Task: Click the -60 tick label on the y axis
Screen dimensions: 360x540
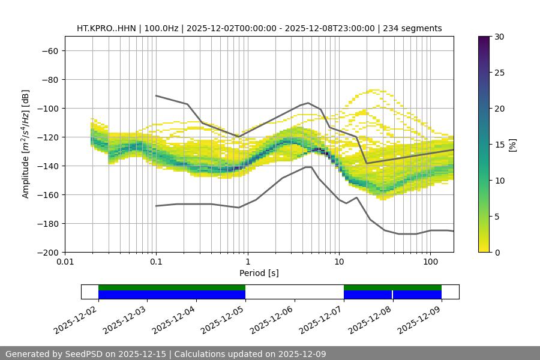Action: [49, 50]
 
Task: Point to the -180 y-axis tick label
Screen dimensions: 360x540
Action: [47, 223]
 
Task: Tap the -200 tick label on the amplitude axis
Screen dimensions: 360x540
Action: [47, 252]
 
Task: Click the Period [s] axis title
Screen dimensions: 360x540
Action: [259, 273]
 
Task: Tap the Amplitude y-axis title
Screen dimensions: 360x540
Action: [25, 144]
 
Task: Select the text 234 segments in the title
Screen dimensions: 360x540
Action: [413, 28]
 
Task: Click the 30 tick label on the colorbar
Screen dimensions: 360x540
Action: [500, 37]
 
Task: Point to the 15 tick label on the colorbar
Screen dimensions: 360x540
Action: [500, 145]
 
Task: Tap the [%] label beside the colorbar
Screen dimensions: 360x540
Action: [512, 145]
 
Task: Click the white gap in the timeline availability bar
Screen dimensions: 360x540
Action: [294, 292]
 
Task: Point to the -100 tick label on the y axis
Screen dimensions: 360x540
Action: [47, 108]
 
